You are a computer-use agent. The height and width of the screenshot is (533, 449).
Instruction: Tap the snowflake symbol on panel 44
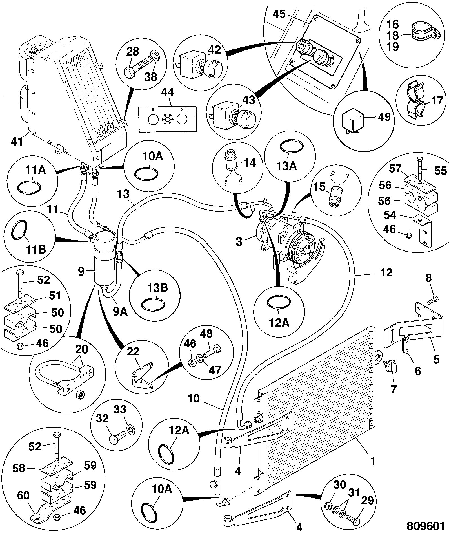168,120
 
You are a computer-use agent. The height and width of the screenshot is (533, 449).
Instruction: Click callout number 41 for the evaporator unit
17,141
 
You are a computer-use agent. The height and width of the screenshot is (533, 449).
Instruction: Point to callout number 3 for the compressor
239,242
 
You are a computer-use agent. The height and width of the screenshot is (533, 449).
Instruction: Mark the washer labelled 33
130,430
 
